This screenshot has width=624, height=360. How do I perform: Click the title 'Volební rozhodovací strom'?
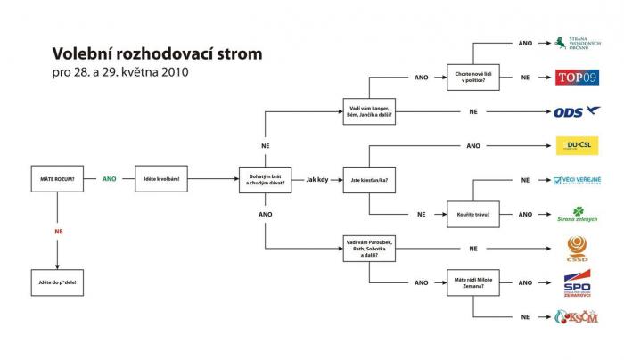[x=157, y=53]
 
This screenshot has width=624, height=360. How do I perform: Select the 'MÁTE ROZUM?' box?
[x=57, y=178]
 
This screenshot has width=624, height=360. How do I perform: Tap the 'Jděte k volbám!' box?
[x=161, y=178]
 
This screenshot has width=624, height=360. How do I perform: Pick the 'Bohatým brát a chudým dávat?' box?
[x=265, y=178]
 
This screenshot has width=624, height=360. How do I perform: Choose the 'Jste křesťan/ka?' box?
[x=370, y=179]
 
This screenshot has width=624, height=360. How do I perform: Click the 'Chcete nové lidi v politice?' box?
[x=473, y=78]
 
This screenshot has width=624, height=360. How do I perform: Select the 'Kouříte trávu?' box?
[x=473, y=214]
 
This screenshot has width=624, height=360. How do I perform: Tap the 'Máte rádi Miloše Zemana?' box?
[x=473, y=282]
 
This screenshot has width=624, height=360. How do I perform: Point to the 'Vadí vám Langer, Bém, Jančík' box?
[x=370, y=111]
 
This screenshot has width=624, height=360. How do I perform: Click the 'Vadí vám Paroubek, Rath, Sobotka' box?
[x=370, y=247]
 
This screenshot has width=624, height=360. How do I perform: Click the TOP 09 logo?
[x=577, y=77]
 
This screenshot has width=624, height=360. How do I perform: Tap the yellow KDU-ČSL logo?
[x=577, y=145]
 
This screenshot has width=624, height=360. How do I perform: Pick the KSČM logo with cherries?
[x=577, y=316]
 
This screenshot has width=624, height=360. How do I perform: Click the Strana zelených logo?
[x=577, y=214]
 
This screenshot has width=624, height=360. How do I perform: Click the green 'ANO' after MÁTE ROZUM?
[x=109, y=178]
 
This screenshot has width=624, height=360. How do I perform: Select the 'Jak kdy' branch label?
[x=317, y=178]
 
